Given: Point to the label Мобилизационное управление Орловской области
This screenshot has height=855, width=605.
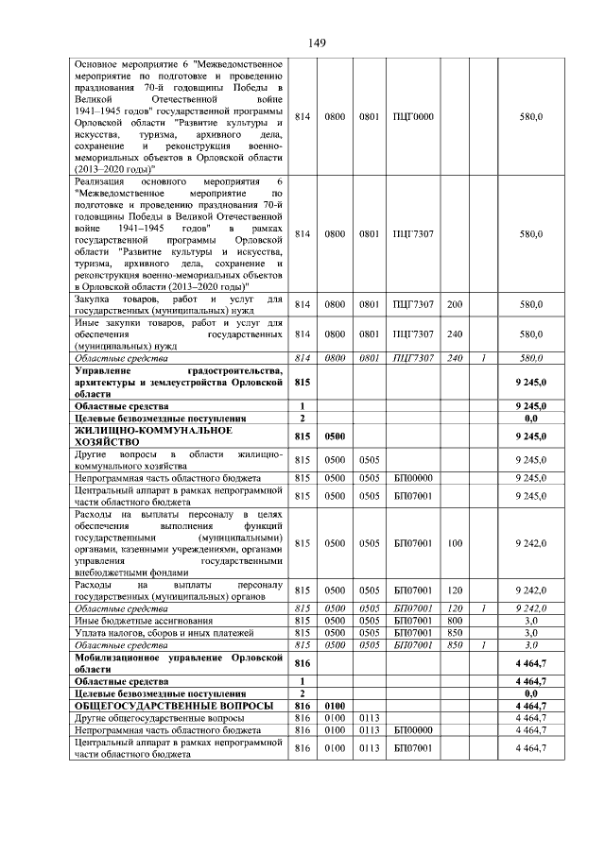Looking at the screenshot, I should click(179, 663).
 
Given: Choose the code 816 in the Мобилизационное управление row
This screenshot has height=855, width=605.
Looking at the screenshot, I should click(302, 663).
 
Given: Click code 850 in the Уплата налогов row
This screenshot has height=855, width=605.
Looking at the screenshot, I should click(454, 632).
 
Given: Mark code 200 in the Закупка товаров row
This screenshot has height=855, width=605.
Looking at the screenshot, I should click(454, 304).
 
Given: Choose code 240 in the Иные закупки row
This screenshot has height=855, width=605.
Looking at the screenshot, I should click(454, 333).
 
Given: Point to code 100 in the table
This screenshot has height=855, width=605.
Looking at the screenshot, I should click(454, 543).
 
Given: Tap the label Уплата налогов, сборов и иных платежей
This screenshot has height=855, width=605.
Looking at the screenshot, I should click(151, 632).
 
